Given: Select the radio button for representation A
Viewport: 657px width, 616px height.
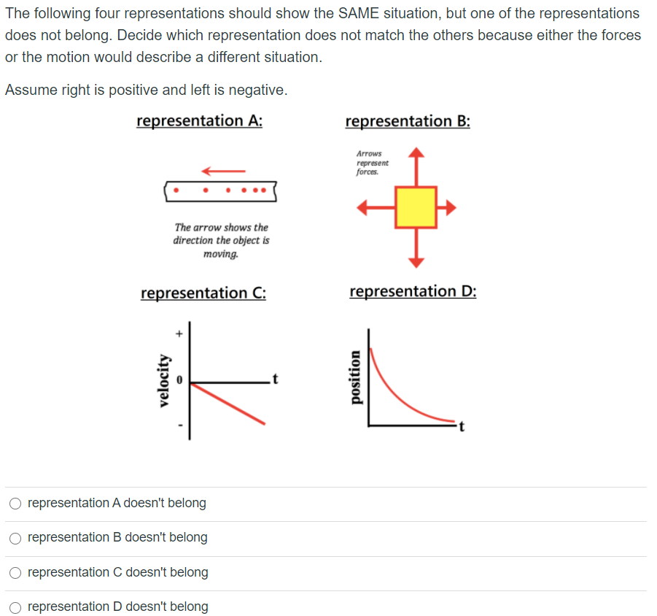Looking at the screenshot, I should click(15, 503).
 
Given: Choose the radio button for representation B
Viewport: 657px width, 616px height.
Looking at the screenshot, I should click(15, 538).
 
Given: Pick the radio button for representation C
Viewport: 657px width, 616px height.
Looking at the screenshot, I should click(15, 572).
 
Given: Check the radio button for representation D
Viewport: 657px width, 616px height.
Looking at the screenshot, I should click(15, 607).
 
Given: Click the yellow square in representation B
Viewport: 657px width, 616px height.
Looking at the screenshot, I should click(416, 207).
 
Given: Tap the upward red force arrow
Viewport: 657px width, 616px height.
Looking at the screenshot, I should click(416, 165).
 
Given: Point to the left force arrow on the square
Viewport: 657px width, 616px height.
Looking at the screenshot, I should click(375, 207).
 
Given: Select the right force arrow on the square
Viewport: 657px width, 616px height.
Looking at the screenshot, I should click(446, 207).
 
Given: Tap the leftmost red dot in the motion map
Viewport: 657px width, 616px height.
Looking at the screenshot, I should click(177, 191).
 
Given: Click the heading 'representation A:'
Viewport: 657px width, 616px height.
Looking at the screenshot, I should click(199, 120).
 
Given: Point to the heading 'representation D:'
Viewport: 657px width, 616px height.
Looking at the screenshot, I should click(413, 291).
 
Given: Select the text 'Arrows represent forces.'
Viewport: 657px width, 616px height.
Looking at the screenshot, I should click(372, 163).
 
